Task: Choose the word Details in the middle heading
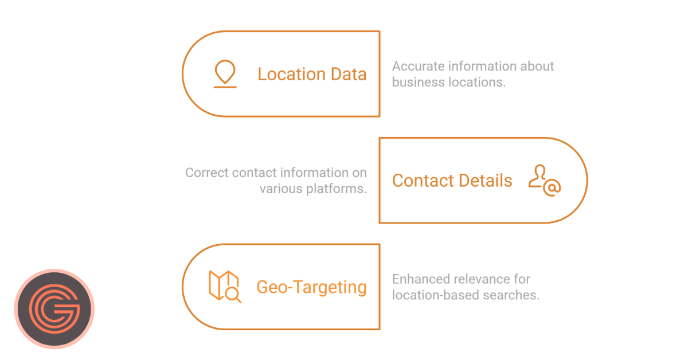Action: pos(486,181)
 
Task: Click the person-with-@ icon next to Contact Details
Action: pos(544,180)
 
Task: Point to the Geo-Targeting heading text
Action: pos(311,287)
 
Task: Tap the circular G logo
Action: pos(54,308)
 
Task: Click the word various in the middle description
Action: pos(278,189)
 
